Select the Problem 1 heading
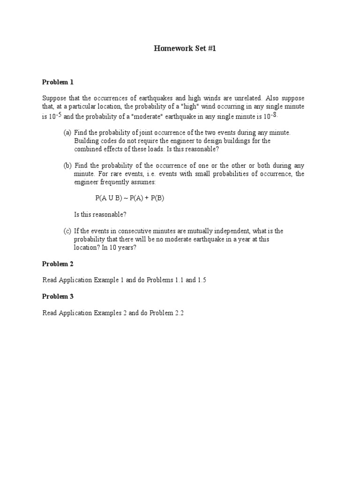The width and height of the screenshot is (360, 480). coord(58,82)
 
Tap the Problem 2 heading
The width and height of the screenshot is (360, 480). coord(58,264)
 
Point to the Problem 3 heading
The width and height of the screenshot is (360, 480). coord(58,296)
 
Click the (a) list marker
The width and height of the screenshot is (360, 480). coord(67,133)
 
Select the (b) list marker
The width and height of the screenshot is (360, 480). coord(67,165)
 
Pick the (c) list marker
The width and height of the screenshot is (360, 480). coord(67,231)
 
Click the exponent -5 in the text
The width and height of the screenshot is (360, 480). coord(59,114)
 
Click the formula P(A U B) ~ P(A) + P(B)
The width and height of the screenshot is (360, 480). coord(130,198)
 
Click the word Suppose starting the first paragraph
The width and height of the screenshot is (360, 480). coord(54,98)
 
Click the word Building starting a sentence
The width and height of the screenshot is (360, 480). coord(86,141)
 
